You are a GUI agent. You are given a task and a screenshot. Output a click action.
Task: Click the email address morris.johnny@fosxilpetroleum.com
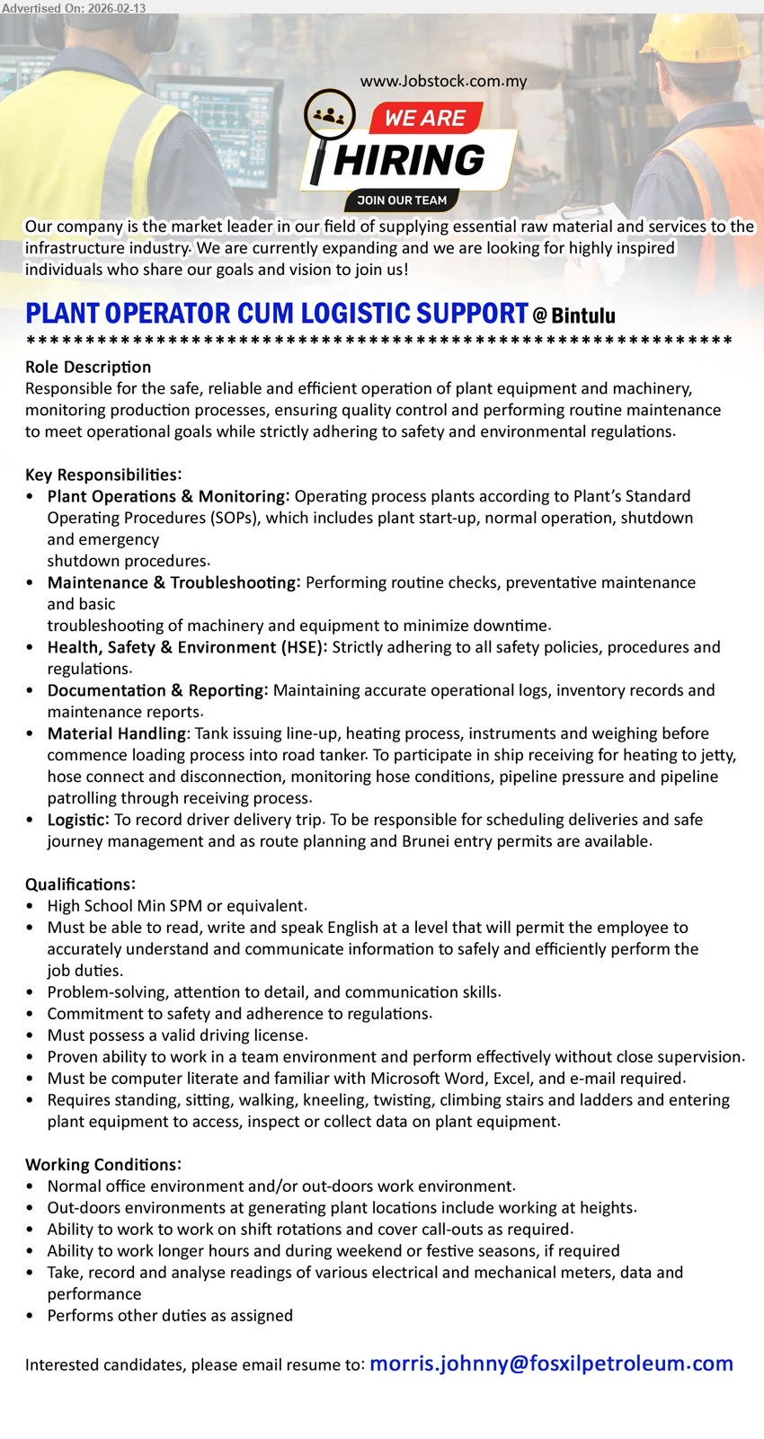[551, 1363]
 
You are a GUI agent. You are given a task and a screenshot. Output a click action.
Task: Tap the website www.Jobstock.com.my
[443, 81]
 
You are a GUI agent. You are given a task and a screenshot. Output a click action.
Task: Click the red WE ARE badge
[424, 118]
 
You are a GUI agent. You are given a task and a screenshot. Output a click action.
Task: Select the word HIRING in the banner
[409, 160]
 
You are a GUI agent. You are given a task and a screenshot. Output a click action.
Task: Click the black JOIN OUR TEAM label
[402, 200]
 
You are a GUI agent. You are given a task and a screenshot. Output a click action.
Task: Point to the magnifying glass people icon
[329, 117]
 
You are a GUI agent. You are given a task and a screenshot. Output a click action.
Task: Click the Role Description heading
[88, 367]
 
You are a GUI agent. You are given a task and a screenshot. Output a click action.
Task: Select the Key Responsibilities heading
[103, 475]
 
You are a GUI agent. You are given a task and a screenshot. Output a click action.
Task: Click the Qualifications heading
[80, 884]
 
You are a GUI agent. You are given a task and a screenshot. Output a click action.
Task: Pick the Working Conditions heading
[103, 1165]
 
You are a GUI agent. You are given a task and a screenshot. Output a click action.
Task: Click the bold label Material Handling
[117, 733]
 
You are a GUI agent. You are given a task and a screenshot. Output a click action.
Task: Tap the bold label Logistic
[77, 820]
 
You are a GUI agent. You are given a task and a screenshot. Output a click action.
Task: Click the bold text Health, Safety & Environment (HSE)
[187, 647]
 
